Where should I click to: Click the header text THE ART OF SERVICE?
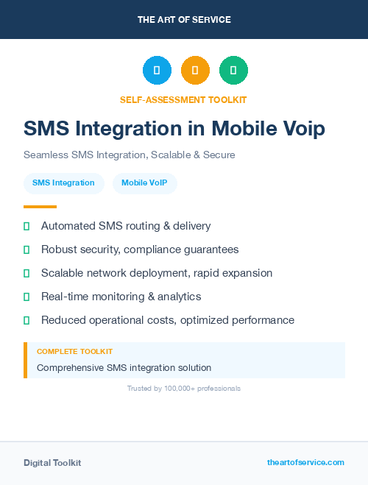pyautogui.click(x=184, y=19)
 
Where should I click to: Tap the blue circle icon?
pyautogui.click(x=157, y=70)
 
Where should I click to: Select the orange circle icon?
pyautogui.click(x=195, y=70)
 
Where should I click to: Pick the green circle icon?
pyautogui.click(x=233, y=70)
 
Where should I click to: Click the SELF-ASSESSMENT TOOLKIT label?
pyautogui.click(x=183, y=99)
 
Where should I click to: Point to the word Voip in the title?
pyautogui.click(x=299, y=128)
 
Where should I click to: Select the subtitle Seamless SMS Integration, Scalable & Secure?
pyautogui.click(x=129, y=155)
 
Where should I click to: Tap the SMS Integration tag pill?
pyautogui.click(x=63, y=183)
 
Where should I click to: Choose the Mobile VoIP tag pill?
pyautogui.click(x=144, y=183)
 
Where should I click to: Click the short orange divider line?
pyautogui.click(x=40, y=207)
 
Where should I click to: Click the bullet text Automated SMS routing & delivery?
pyautogui.click(x=126, y=226)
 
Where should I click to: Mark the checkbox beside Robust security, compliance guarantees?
pyautogui.click(x=26, y=249)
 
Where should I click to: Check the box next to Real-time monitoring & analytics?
pyautogui.click(x=26, y=297)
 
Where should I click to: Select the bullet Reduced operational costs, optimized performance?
pyautogui.click(x=168, y=320)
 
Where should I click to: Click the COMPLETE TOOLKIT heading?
pyautogui.click(x=74, y=352)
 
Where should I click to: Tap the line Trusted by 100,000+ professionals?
pyautogui.click(x=184, y=388)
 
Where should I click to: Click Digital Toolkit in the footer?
pyautogui.click(x=52, y=462)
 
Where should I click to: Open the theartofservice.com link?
pyautogui.click(x=305, y=462)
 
